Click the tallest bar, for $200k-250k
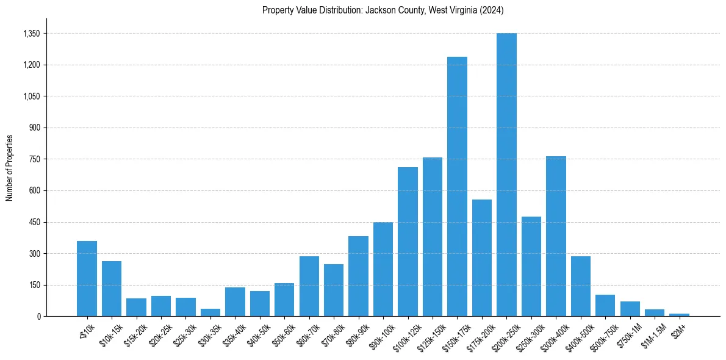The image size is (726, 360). coord(506,175)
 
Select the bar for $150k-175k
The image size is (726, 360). coord(457,186)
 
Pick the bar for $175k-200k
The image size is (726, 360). coord(482,257)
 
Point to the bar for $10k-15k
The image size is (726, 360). coord(112,289)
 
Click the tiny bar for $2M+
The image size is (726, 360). coord(679,315)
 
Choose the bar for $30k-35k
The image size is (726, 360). coord(210,312)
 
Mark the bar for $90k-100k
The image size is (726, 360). coord(383,269)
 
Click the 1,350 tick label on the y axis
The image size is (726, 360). coord(30,34)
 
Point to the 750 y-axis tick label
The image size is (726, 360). coord(34,159)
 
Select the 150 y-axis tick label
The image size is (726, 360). coord(34,285)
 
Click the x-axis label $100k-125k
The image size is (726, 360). coord(405,333)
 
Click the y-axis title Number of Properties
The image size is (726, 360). coord(9,167)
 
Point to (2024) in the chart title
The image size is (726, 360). coord(492,10)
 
